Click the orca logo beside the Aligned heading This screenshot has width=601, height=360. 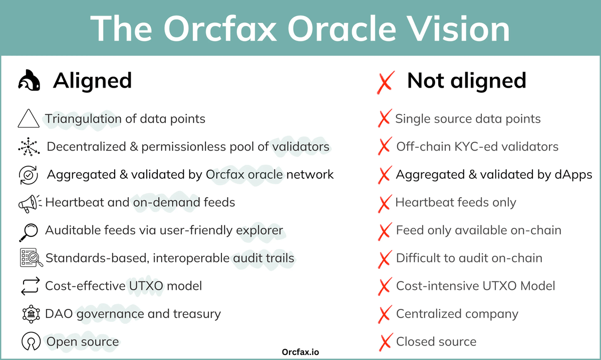[x=30, y=81]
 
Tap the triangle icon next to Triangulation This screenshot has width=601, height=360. [x=28, y=119]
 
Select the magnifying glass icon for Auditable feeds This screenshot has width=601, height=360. [x=28, y=231]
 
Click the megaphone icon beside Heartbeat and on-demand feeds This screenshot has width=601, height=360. [x=29, y=203]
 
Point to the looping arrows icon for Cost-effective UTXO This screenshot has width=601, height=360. [x=28, y=286]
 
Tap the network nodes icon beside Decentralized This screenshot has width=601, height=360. [x=29, y=147]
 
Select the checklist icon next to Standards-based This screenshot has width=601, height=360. [x=29, y=258]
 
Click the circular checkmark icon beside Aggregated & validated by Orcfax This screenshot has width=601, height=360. [x=29, y=175]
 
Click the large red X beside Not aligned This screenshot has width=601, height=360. [x=385, y=82]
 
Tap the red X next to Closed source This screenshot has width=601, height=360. [x=384, y=342]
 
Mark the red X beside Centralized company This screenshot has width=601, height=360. [x=384, y=314]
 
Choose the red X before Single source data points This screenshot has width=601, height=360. [x=384, y=119]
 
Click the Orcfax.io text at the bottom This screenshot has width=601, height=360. [x=300, y=352]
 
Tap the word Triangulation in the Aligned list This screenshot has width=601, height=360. [x=83, y=119]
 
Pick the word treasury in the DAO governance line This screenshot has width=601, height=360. [x=197, y=314]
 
